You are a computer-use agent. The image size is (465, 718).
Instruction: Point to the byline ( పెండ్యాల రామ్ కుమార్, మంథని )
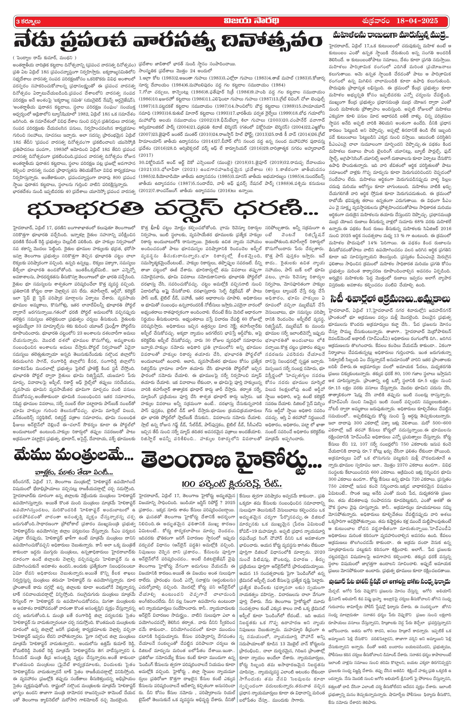tap(45, 58)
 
